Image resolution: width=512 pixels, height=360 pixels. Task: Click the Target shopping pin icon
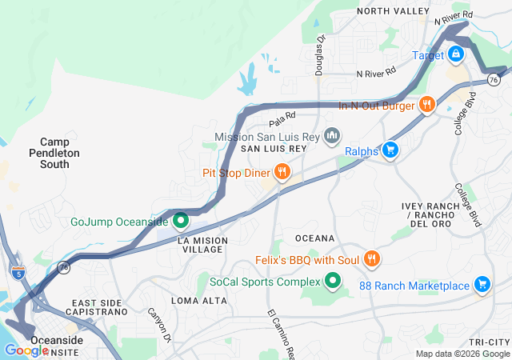[455, 54]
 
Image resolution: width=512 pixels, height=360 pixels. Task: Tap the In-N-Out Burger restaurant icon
[428, 105]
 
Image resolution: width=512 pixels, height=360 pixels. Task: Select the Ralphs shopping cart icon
[391, 150]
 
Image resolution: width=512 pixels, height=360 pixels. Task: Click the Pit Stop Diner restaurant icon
[282, 172]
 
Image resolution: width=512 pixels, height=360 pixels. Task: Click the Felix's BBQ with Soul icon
[371, 260]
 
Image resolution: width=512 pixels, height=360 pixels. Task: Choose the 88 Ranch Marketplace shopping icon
[482, 285]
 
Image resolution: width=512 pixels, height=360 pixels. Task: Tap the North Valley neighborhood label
[393, 10]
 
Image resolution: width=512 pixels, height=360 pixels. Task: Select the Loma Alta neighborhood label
[194, 300]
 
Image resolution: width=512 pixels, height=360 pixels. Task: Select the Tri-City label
[490, 342]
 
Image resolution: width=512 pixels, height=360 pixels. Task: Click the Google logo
[26, 350]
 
